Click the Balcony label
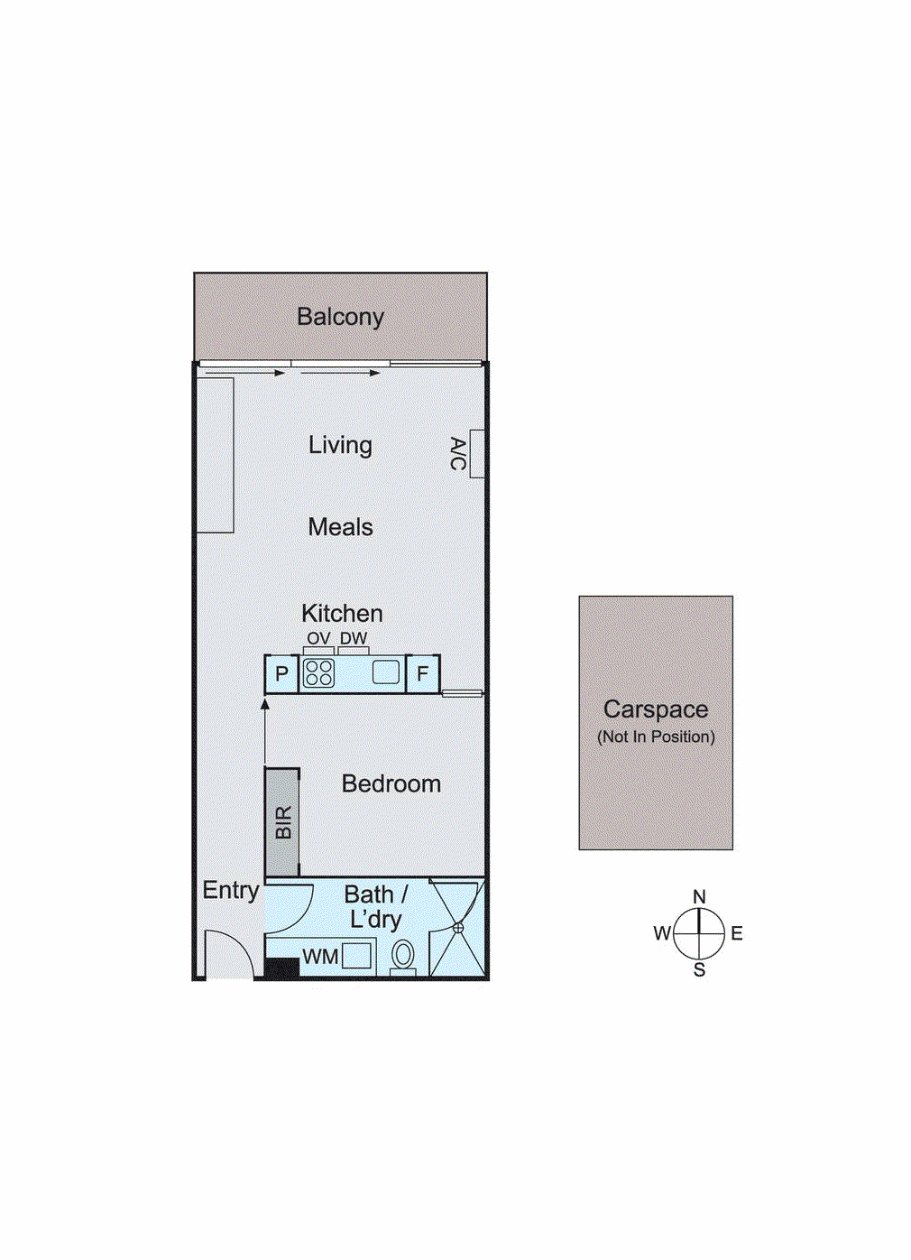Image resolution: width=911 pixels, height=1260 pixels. click(x=340, y=317)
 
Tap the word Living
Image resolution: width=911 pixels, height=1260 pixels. click(x=340, y=445)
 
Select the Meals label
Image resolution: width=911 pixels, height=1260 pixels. click(x=340, y=527)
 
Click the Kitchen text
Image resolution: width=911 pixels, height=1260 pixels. click(x=342, y=614)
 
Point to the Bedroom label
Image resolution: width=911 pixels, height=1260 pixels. click(x=391, y=783)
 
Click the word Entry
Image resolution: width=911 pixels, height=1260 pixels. click(x=230, y=890)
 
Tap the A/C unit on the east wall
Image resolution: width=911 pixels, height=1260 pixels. click(x=477, y=453)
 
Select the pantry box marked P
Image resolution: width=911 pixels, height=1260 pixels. click(x=281, y=673)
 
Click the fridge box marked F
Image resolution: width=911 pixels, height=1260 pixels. click(x=422, y=673)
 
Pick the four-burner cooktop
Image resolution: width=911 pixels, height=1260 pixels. click(x=318, y=673)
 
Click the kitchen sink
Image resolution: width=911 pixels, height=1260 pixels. click(x=386, y=672)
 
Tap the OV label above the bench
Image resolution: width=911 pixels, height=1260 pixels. click(x=318, y=638)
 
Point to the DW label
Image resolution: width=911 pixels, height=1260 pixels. click(x=354, y=638)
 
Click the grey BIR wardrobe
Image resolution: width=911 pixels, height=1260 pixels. click(x=282, y=822)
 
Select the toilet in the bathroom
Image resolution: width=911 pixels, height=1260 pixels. click(x=403, y=955)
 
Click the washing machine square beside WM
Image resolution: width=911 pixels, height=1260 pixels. click(x=357, y=955)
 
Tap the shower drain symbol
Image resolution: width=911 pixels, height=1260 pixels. click(x=458, y=927)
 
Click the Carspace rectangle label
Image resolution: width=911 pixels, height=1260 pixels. click(x=656, y=709)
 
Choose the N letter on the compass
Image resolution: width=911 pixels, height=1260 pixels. click(x=699, y=896)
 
